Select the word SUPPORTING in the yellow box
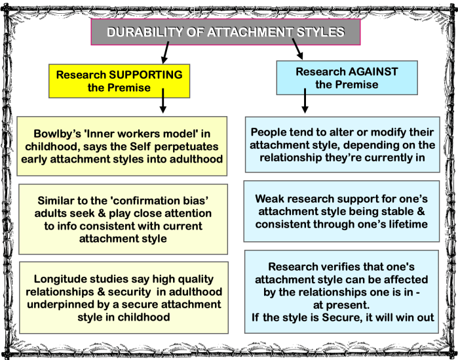(142, 75)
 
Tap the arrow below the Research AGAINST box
(305, 102)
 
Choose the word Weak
(271, 198)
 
